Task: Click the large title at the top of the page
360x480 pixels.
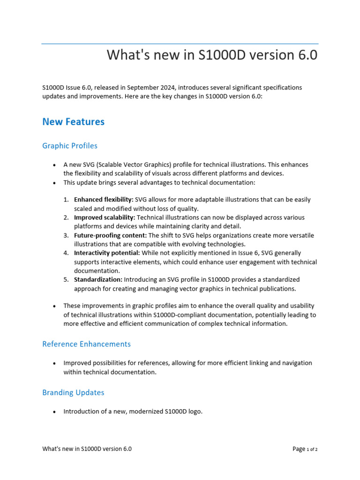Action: tap(212, 55)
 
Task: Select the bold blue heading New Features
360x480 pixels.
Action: tap(73, 122)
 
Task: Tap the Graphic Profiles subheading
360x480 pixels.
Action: tap(70, 146)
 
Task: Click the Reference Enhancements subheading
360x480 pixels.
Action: tap(86, 344)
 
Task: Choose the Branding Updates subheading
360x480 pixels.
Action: tap(73, 392)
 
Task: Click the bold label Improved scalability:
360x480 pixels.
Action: tap(105, 217)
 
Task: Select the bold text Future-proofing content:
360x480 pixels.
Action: tap(110, 235)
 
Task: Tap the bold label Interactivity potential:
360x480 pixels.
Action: tap(107, 253)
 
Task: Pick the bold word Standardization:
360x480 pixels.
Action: tap(98, 280)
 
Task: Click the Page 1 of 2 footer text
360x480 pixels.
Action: tap(305, 449)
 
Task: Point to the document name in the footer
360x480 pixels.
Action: tap(87, 449)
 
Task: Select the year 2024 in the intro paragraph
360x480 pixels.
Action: tap(172, 88)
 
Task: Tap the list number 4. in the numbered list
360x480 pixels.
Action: tap(66, 253)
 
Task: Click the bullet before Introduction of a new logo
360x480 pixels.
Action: tap(54, 412)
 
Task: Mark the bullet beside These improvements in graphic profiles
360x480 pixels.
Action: tap(54, 306)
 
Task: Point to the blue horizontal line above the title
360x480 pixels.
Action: tap(180, 44)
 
